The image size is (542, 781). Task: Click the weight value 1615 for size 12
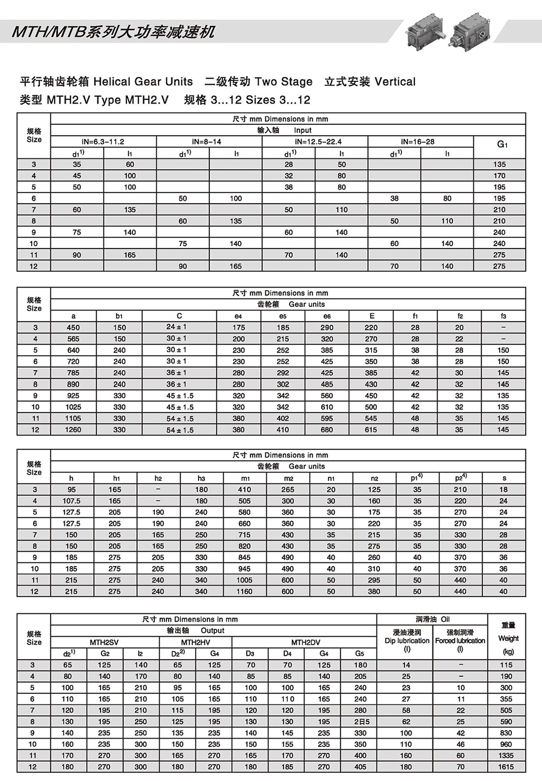(506, 767)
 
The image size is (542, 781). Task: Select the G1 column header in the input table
(500, 145)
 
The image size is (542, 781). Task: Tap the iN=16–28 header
(420, 142)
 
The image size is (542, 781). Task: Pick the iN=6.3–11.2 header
(103, 142)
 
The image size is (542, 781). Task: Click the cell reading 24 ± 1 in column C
(176, 327)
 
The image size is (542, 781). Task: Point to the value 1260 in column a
(73, 430)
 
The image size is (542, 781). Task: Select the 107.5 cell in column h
(71, 501)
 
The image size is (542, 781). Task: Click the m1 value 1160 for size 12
(244, 591)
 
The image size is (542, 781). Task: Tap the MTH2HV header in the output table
(195, 642)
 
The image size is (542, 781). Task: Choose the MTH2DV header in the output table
(305, 642)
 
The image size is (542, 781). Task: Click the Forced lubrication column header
(460, 640)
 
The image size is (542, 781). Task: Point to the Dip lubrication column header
(407, 640)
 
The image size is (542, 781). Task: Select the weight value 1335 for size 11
(506, 755)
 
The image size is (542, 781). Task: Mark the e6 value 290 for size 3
(327, 328)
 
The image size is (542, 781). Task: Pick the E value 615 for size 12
(371, 430)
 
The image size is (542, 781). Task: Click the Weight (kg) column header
(508, 638)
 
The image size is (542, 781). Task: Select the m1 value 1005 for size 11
(244, 580)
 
